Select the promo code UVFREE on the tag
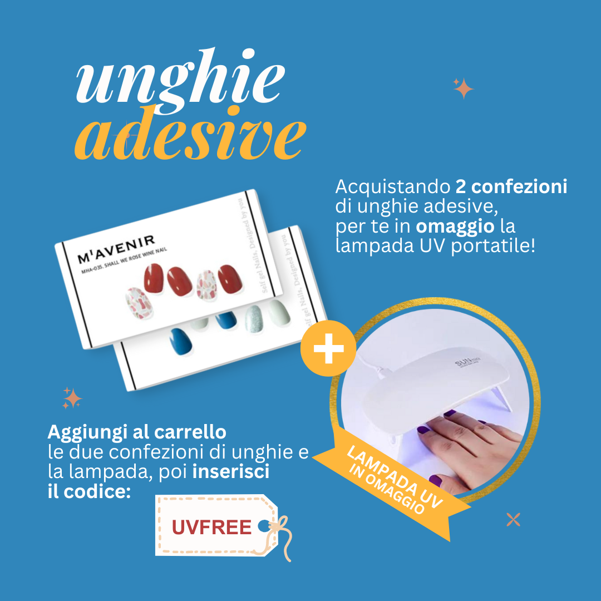tap(211, 527)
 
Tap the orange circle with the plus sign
tap(328, 348)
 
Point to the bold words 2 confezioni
tap(511, 187)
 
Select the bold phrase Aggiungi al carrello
tap(137, 432)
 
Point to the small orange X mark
tap(513, 520)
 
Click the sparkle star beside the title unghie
tap(463, 88)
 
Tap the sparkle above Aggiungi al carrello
tap(72, 398)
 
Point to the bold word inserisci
tap(231, 472)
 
